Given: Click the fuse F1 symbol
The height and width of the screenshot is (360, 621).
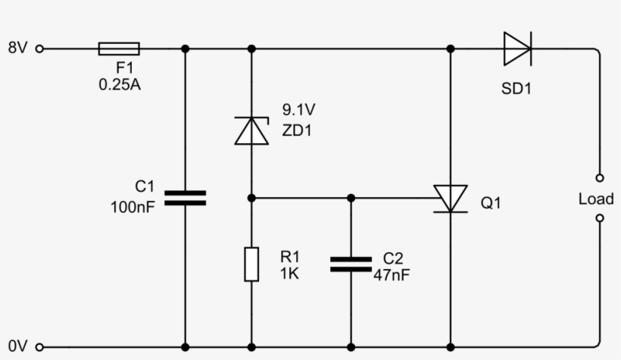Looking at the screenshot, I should [x=119, y=49].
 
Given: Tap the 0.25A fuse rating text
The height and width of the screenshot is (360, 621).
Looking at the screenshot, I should [x=120, y=85].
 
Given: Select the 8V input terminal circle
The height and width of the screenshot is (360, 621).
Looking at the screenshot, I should [x=39, y=49].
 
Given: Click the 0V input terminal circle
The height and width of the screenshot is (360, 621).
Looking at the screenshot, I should [x=39, y=347].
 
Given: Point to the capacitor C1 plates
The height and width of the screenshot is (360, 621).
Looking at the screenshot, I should [x=186, y=198].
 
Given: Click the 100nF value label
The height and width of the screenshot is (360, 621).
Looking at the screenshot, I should [x=133, y=206].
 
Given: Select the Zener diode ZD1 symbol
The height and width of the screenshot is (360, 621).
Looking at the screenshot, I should [x=251, y=130].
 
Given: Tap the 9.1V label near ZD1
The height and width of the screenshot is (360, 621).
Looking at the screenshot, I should [x=298, y=109].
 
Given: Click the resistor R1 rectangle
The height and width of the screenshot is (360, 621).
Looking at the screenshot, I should [x=251, y=265].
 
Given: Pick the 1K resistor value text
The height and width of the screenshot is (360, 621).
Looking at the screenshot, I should [x=289, y=274].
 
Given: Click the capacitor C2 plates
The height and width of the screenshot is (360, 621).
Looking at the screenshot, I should [x=351, y=265].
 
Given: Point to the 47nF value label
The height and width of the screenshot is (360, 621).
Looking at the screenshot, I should [x=392, y=275].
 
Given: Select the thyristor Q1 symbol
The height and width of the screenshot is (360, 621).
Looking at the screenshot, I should [x=451, y=199].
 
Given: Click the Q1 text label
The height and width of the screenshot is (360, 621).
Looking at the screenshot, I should [x=491, y=204].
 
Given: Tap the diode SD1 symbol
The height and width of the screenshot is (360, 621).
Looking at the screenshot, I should [x=517, y=49].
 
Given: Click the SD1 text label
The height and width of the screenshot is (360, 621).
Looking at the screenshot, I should [x=516, y=89].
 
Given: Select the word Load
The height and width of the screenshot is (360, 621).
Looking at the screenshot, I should [x=596, y=199].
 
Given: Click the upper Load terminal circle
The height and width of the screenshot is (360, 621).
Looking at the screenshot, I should [x=600, y=178].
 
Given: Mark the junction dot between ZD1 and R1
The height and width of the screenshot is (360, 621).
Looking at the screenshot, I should [x=251, y=198].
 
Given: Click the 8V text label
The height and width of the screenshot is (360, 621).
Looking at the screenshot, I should [x=17, y=49].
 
